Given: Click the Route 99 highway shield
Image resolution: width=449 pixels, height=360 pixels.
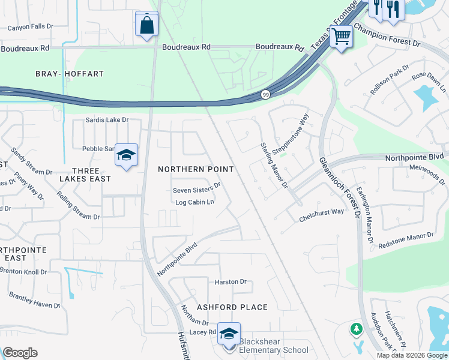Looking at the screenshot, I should point(265,95).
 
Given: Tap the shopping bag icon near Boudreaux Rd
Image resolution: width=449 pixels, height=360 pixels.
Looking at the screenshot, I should point(146,25).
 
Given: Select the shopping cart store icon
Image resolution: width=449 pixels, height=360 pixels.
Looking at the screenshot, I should point(341,37).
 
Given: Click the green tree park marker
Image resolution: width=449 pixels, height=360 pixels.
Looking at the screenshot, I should point(356,329).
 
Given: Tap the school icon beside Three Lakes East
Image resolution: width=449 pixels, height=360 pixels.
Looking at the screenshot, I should point(126,156).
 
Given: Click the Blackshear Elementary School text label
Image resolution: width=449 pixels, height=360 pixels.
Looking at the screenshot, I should point(274,346).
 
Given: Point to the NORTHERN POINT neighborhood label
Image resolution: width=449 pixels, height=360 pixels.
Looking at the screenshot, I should point(196,169).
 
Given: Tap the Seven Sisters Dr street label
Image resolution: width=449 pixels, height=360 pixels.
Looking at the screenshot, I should point(196,189).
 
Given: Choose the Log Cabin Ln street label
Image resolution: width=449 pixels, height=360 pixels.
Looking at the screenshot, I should point(194,202).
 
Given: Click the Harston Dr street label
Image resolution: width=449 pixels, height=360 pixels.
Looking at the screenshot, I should point(231,281).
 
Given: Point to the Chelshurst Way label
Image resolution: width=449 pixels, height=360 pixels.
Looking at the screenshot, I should point(322,215).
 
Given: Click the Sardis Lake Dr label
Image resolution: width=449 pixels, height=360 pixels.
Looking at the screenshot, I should point(107,120).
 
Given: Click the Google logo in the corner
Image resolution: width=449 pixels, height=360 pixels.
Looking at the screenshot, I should point(20,353).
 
